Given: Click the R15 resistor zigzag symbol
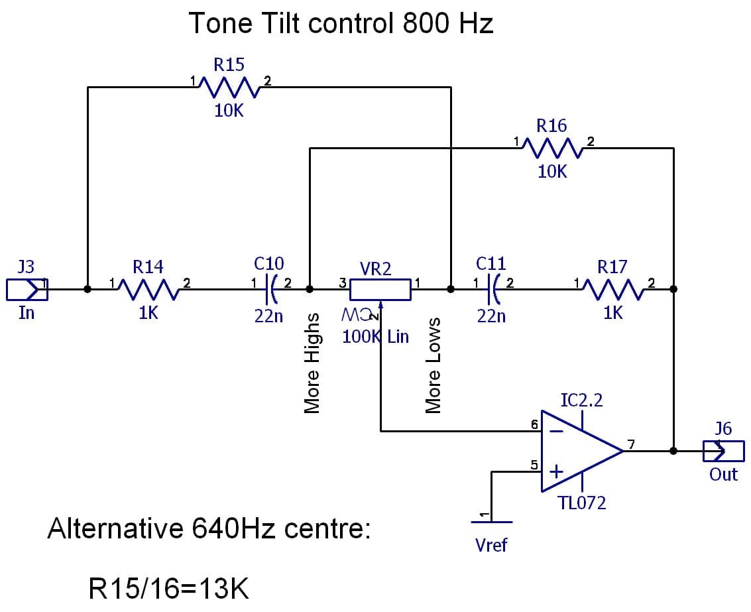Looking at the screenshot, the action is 229,88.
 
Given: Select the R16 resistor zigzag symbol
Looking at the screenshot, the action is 552,148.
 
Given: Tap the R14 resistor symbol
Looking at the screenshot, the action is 148,290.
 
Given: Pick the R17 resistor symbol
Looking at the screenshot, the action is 612,290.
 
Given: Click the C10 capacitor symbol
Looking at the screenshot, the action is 270,290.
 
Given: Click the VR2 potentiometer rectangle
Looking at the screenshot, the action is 380,290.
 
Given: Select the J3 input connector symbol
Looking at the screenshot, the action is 27,290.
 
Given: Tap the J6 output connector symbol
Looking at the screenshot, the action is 724,451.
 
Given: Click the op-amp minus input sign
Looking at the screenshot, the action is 556,432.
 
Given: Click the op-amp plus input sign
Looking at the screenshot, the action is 556,472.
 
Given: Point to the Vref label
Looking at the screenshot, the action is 491,545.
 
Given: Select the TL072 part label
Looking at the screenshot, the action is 582,503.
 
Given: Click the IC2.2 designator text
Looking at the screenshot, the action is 581,400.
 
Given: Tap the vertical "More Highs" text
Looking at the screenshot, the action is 312,363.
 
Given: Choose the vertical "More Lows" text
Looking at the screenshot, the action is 433,365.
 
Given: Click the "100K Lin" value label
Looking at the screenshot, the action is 375,336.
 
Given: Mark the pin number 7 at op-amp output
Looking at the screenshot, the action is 631,444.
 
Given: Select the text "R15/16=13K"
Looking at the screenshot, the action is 169,589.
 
